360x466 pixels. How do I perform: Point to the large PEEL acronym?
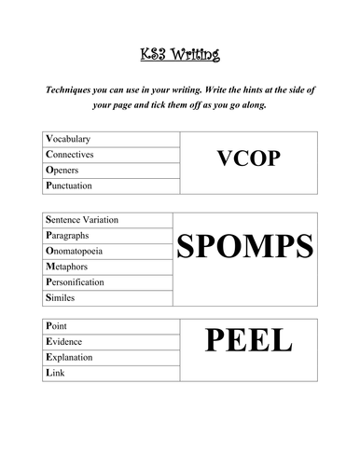(x=248, y=343)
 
